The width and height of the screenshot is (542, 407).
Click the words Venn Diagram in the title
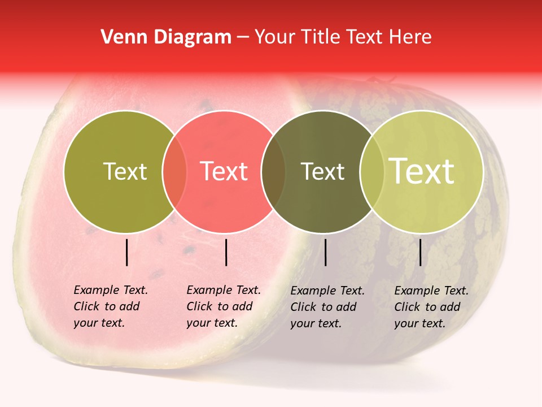[x=166, y=37]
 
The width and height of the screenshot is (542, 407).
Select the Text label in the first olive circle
[x=125, y=171]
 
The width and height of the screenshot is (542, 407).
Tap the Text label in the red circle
[x=224, y=171]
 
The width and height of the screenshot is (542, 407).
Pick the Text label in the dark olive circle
[x=322, y=171]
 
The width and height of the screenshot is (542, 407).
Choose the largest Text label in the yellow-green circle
[x=422, y=171]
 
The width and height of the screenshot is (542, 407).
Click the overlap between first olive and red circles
[x=174, y=171]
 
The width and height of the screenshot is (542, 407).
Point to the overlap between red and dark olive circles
[x=273, y=171]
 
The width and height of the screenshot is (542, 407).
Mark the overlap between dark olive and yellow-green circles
[x=370, y=171]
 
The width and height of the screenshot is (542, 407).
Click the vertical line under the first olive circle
[x=127, y=252]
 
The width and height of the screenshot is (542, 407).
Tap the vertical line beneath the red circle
[x=226, y=252]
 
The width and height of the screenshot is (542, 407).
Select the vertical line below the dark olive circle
[x=326, y=252]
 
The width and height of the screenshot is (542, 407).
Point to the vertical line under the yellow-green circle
[x=421, y=252]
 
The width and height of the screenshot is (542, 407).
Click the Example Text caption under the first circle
[x=110, y=306]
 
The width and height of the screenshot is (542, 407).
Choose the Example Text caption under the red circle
[x=223, y=306]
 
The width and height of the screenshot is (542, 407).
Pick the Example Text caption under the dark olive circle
[x=327, y=307]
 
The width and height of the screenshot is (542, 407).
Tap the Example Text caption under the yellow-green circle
[x=431, y=307]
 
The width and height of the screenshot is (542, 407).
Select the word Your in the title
[x=275, y=37]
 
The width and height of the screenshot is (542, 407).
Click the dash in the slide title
[x=243, y=38]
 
